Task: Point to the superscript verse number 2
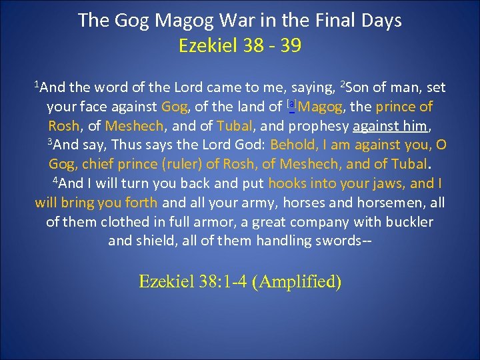click(343, 84)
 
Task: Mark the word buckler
click(405, 222)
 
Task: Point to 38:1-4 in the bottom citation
click(220, 282)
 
